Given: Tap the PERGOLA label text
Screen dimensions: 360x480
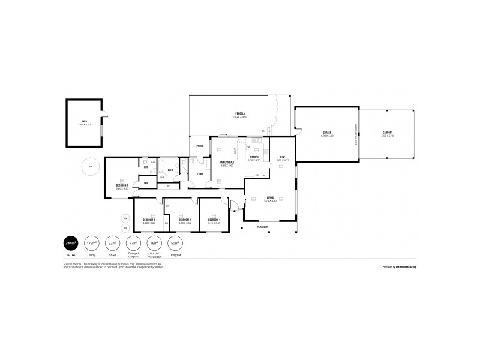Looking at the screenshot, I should click(240, 113).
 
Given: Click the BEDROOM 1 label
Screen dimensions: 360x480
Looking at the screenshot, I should click(122, 185).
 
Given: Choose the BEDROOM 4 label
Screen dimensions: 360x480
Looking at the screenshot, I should click(214, 220).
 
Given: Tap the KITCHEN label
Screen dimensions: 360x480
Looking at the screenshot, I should click(254, 158).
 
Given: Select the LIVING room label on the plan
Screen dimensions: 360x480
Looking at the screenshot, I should click(271, 198).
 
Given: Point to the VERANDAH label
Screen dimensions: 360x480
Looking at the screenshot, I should click(262, 227).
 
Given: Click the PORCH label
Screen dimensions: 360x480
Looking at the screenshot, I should click(199, 146).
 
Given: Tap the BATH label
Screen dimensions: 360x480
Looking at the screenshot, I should click(171, 170).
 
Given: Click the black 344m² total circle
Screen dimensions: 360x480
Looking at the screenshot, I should click(70, 244).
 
